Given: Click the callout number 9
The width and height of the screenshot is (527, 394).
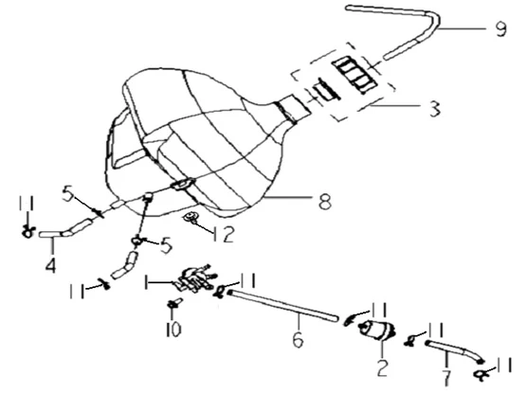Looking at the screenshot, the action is [500, 28].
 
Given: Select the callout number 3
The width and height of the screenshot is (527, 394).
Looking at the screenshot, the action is [435, 109].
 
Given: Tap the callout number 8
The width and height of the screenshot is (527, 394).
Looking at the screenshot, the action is [325, 201].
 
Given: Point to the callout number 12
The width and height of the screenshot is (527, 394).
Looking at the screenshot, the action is [223, 234].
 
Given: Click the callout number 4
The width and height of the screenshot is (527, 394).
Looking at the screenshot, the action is [50, 265].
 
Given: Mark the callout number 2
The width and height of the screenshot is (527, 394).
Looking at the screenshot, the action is [383, 368].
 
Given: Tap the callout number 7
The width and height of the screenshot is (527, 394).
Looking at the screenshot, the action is [446, 378].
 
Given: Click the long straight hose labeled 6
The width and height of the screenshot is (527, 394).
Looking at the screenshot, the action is [282, 306].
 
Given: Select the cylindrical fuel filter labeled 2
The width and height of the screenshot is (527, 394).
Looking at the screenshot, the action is [377, 330].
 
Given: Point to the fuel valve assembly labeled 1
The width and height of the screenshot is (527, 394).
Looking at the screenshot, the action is [194, 278].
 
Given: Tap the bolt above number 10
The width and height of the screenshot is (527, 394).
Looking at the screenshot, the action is [174, 303].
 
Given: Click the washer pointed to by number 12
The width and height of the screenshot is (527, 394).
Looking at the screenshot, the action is [191, 217].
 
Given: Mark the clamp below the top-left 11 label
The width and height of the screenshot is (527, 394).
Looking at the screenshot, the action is [28, 232].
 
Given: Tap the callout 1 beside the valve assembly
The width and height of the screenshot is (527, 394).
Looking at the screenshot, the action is [146, 282].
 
